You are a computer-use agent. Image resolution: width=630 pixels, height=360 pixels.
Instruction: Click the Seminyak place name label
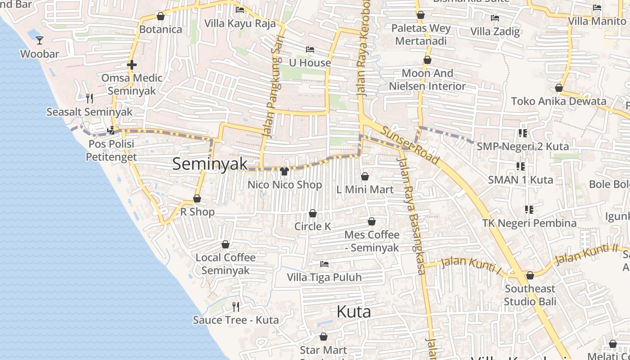coord(210,164)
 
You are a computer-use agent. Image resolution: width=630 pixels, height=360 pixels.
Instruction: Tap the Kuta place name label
coord(354,312)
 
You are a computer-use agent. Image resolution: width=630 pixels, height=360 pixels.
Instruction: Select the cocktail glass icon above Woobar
coord(40,40)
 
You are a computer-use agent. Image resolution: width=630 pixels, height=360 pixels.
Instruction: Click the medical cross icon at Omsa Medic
coord(131,65)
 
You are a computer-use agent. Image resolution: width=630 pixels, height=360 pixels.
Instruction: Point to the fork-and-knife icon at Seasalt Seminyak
coord(90,98)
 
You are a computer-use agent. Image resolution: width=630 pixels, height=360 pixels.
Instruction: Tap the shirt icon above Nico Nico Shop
coord(284,171)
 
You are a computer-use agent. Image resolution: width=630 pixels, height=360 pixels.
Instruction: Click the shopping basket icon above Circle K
coord(313,213)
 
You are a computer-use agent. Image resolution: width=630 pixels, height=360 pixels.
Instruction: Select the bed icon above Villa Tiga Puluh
coord(324,264)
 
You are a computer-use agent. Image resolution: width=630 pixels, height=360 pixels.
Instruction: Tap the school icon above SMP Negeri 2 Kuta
coord(522,133)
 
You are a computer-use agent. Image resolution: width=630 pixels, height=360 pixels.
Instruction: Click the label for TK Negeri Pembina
coord(529,223)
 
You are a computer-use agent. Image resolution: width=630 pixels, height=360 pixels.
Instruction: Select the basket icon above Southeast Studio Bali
coord(530,275)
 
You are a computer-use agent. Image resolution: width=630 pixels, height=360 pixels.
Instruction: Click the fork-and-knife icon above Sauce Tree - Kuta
coord(236,307)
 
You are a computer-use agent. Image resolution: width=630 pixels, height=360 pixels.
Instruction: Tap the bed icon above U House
coord(310,49)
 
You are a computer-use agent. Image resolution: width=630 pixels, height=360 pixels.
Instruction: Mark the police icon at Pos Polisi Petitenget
coord(111,131)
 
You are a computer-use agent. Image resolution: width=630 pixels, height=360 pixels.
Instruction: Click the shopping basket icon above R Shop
coord(197,198)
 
